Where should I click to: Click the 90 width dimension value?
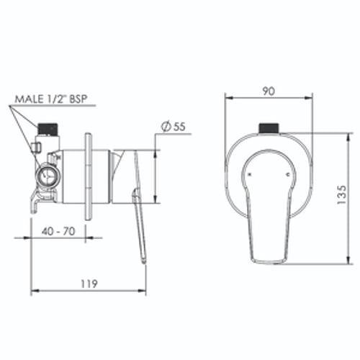tap(269, 91)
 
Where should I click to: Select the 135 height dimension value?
tap(342, 194)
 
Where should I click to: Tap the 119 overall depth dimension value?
tap(89, 284)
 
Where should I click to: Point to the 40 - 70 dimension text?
tap(58, 231)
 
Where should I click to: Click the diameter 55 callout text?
tap(174, 127)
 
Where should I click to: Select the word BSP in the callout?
tap(78, 99)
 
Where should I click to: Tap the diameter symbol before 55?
tap(166, 127)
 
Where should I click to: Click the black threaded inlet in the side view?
tap(48, 129)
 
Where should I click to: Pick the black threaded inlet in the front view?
tap(269, 128)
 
